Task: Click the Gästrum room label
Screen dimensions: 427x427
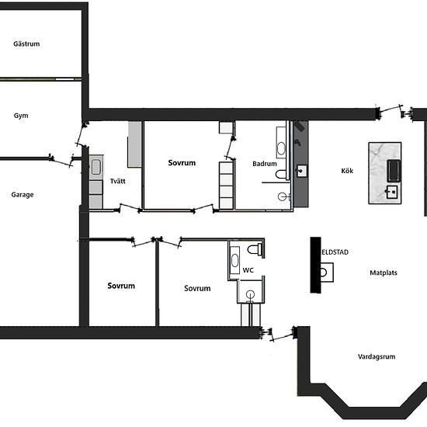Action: tap(26, 43)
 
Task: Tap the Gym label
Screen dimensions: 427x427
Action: tap(21, 116)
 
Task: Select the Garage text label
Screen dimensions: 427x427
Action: tap(23, 195)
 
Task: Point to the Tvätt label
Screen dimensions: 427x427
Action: tap(118, 181)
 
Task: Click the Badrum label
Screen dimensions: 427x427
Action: tap(265, 164)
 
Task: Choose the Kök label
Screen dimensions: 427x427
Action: tap(347, 171)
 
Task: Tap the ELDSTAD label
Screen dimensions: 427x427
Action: tap(335, 252)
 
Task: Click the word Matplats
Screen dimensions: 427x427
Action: tap(384, 273)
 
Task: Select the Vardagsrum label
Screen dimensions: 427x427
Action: tap(377, 356)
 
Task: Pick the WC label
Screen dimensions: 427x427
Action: tap(248, 270)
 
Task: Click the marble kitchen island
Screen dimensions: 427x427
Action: tap(385, 173)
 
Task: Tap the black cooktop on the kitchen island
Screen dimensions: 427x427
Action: tap(394, 171)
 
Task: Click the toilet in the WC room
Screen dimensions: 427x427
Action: tap(255, 249)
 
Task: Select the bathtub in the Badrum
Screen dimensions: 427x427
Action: tap(281, 142)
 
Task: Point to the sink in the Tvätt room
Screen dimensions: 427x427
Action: tap(95, 167)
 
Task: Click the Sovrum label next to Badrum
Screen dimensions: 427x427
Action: tap(182, 163)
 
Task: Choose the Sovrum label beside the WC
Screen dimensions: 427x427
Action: tap(197, 288)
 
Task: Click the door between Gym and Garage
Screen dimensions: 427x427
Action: tap(61, 161)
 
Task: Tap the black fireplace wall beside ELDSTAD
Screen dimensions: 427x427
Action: tap(316, 265)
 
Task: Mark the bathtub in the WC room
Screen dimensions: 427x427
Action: tap(234, 260)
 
